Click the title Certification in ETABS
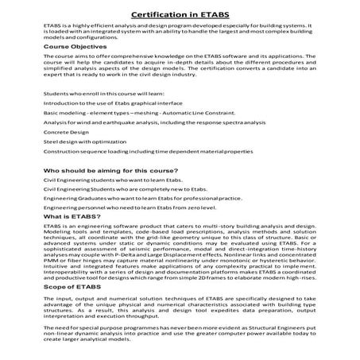point(180,14)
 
